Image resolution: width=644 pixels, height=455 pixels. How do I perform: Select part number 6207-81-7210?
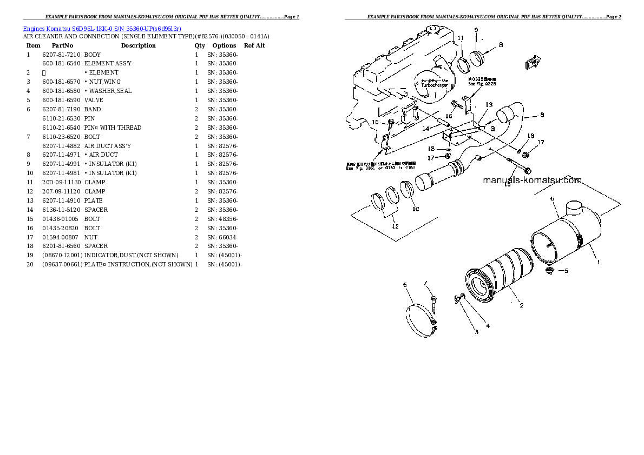[61, 55]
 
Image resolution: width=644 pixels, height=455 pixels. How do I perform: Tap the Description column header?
[138, 45]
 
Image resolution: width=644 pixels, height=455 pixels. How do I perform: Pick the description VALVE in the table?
[94, 100]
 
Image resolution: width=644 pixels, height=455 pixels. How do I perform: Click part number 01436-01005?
[60, 219]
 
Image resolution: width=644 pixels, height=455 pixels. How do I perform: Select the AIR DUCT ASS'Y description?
[107, 146]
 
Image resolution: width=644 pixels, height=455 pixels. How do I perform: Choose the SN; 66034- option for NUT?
[222, 237]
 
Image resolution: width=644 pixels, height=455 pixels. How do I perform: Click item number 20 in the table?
[29, 264]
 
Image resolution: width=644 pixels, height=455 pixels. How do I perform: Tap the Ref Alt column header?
[254, 45]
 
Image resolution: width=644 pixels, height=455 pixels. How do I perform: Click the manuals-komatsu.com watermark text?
[532, 180]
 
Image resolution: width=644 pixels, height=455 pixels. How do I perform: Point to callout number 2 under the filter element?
[521, 306]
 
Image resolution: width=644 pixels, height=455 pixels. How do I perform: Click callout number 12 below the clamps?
[395, 226]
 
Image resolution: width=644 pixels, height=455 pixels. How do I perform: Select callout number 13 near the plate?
[489, 104]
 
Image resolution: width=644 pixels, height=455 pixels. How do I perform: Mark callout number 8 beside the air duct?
[542, 115]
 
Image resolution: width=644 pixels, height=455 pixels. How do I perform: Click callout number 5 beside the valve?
[566, 271]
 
